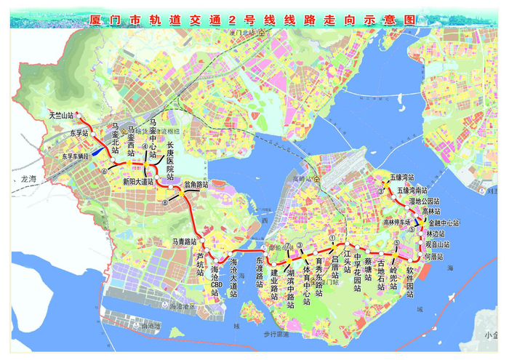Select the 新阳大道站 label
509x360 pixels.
tap(137, 181)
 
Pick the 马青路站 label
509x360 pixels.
tap(185, 241)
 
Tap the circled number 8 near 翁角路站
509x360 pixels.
tap(165, 201)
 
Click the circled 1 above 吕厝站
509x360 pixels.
tap(332, 237)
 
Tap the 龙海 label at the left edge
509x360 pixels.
tap(28, 177)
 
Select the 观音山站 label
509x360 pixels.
tap(437, 246)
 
